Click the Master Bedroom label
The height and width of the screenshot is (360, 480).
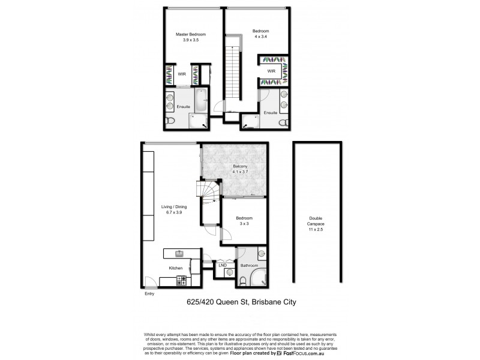click(187, 34)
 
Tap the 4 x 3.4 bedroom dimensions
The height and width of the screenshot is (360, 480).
click(260, 37)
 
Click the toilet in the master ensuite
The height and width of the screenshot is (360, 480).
click(170, 122)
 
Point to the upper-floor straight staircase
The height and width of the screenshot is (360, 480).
click(233, 75)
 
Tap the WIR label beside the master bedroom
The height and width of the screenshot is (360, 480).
click(181, 74)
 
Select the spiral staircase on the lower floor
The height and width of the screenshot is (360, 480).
click(209, 193)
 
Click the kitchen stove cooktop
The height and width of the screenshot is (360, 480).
click(181, 279)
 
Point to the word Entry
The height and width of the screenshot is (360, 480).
click(149, 295)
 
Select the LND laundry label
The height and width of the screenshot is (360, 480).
click(222, 265)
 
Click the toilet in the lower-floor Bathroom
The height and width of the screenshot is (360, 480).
click(242, 280)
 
